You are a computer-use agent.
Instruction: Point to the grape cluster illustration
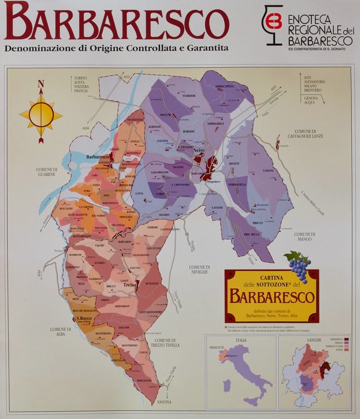coord(298,266)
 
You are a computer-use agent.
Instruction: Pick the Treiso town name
coord(130,285)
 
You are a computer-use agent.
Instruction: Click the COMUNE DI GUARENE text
coord(47,172)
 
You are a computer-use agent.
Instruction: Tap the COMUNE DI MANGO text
coord(304,236)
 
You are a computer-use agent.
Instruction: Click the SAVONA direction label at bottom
coord(165,402)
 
